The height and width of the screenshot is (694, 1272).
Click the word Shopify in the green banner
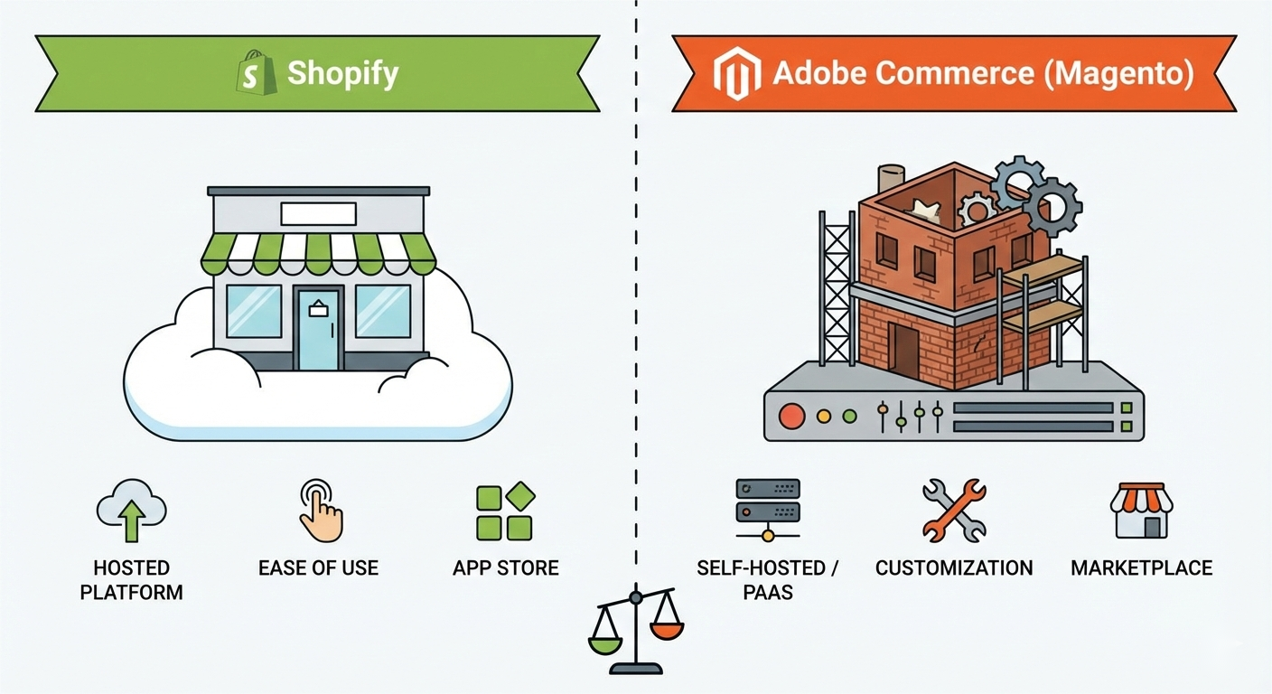pyautogui.click(x=342, y=73)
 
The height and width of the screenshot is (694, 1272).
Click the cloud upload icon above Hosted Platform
pyautogui.click(x=131, y=511)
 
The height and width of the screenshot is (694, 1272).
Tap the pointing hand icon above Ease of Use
pyautogui.click(x=320, y=511)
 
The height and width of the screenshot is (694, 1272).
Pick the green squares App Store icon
pyautogui.click(x=505, y=511)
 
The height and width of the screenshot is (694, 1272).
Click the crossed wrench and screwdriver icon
pyautogui.click(x=953, y=511)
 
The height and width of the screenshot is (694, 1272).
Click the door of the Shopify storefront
pyautogui.click(x=318, y=329)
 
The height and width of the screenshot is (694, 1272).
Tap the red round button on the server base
pyautogui.click(x=791, y=417)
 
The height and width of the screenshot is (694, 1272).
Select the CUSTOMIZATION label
pyautogui.click(x=953, y=568)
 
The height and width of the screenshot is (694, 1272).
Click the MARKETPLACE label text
pyautogui.click(x=1141, y=568)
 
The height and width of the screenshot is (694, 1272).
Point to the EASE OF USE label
pyautogui.click(x=318, y=568)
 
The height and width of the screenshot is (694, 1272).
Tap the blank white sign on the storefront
pyautogui.click(x=318, y=214)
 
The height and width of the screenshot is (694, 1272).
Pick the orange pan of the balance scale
pyautogui.click(x=667, y=625)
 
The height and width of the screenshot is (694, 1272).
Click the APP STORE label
pyautogui.click(x=505, y=568)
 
